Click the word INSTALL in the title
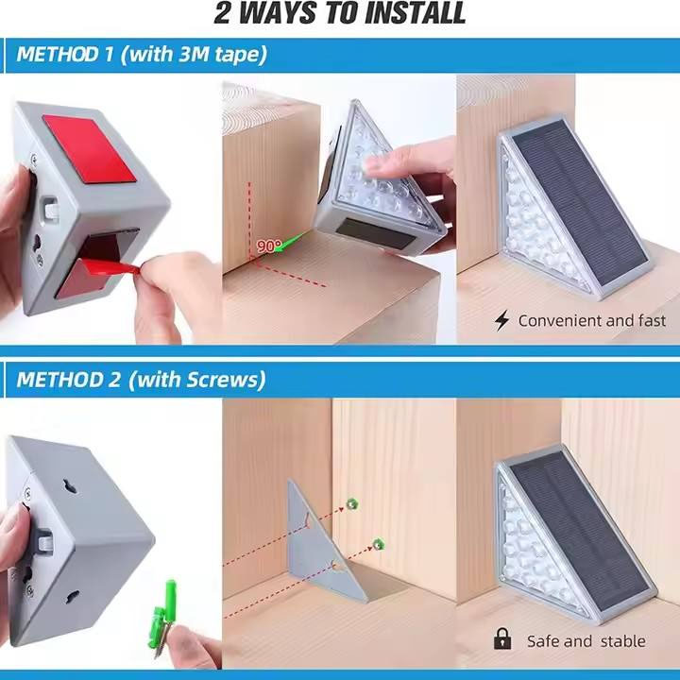click(x=415, y=13)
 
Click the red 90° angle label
click(x=269, y=246)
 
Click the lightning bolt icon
click(x=501, y=321)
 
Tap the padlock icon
click(x=502, y=638)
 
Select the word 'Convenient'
click(x=559, y=321)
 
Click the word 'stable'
click(x=622, y=641)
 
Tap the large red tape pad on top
click(x=90, y=148)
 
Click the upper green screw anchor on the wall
click(x=351, y=504)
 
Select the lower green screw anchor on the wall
click(x=379, y=543)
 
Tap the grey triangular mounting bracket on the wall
click(x=323, y=544)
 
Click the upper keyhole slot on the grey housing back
click(x=69, y=486)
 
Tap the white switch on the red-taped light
click(x=51, y=209)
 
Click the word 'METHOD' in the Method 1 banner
click(x=58, y=55)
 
